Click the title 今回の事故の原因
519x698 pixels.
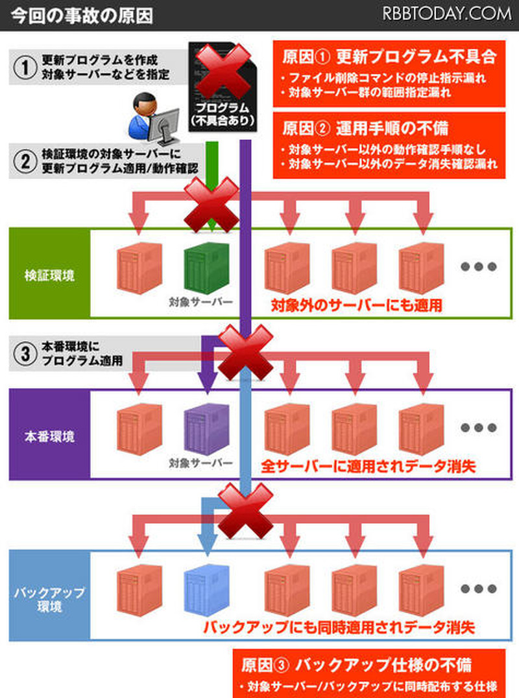click(80, 15)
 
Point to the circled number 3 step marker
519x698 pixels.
click(24, 354)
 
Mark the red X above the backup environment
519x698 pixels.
click(245, 510)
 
